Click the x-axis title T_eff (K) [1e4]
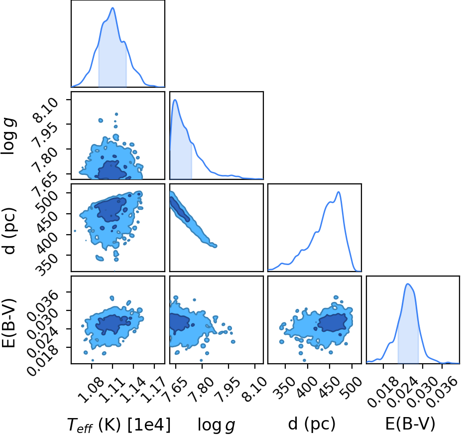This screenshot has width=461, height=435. pos(119,425)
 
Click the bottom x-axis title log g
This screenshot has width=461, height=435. pos(216,425)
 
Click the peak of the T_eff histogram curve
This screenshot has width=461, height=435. pos(113,7)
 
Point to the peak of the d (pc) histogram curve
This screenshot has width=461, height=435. pos(339,192)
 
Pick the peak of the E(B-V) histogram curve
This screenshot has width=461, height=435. pos(408,284)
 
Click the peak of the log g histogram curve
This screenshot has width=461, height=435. pos(175,100)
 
